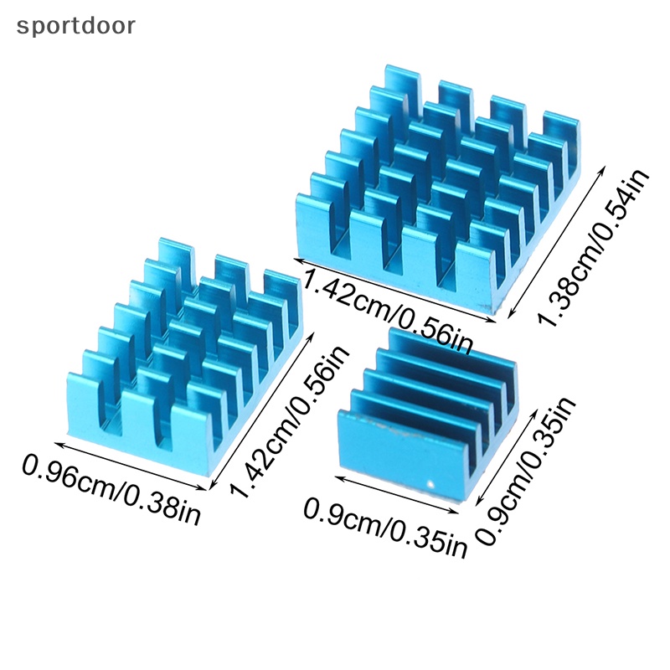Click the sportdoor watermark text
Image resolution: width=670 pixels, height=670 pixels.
[75, 25]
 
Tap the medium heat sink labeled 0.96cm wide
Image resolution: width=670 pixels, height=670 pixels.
[184, 352]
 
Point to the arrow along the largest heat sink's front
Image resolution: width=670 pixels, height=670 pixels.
[394, 287]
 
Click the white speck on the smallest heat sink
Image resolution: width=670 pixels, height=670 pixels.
[430, 483]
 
